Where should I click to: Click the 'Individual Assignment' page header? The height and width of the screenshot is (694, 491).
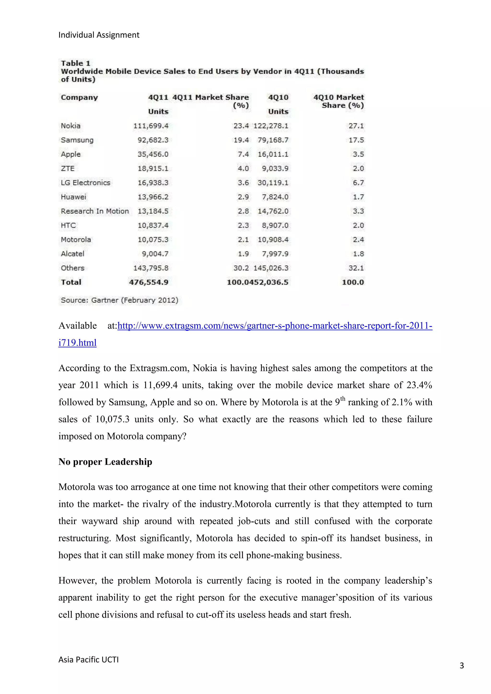(x=99, y=35)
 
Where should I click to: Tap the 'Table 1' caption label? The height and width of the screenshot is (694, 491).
(x=76, y=63)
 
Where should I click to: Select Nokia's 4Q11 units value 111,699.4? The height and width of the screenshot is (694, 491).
(x=151, y=126)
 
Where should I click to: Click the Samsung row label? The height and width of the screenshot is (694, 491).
(x=77, y=140)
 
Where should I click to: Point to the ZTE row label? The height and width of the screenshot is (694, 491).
(x=67, y=168)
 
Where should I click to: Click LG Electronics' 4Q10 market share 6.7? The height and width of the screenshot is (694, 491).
(x=358, y=183)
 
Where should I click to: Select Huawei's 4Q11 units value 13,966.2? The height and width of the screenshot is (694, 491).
(x=153, y=197)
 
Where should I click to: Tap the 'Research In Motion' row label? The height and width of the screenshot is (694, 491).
(x=95, y=211)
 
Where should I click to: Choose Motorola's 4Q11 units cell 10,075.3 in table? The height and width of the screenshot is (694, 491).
(x=153, y=240)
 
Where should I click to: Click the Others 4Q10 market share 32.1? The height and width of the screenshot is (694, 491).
(x=356, y=268)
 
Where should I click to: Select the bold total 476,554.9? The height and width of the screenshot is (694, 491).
(x=148, y=282)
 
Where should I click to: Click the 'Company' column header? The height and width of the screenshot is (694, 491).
(x=79, y=97)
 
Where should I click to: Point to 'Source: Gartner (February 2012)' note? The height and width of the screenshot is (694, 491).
(x=119, y=300)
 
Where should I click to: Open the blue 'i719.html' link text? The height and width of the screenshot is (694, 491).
(x=77, y=343)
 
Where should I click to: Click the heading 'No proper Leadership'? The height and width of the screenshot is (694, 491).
(x=105, y=462)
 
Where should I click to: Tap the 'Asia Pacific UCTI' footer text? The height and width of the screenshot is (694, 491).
(x=88, y=659)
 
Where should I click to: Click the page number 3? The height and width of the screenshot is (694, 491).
(x=461, y=665)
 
